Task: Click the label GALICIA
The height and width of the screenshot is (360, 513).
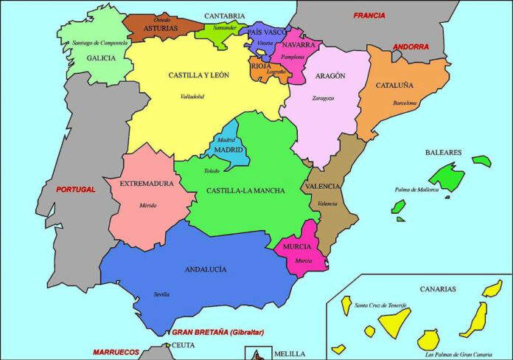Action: click(x=101, y=58)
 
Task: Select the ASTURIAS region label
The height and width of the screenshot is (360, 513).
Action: click(x=160, y=28)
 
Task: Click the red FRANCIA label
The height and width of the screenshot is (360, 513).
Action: click(x=369, y=15)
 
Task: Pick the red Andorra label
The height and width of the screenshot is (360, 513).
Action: click(x=411, y=47)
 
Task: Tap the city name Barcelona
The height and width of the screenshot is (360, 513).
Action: click(x=405, y=103)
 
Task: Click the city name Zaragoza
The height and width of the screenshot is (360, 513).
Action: click(x=323, y=97)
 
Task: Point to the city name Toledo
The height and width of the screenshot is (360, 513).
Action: click(x=212, y=170)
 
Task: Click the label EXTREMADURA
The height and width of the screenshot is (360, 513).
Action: click(x=146, y=183)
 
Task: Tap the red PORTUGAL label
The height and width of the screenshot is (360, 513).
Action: click(x=76, y=190)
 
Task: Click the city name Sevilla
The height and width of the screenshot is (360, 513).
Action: click(x=162, y=294)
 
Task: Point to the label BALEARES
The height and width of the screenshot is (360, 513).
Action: click(x=443, y=153)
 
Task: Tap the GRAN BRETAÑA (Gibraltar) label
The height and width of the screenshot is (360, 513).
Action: click(x=217, y=332)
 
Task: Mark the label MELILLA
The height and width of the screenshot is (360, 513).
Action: click(x=289, y=354)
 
